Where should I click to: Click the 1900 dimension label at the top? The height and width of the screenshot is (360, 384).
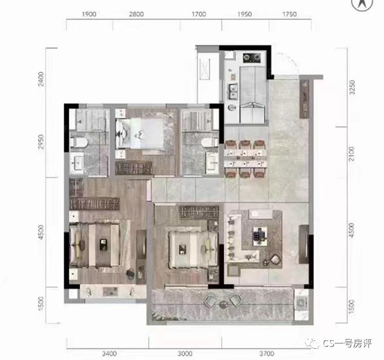click(x=89, y=14)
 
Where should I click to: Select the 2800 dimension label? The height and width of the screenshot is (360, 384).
click(x=136, y=14)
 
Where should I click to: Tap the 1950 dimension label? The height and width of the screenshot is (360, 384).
click(x=244, y=14)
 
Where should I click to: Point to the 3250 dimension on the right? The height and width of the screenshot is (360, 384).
click(x=352, y=88)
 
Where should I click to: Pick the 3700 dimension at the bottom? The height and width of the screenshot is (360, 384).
click(x=267, y=353)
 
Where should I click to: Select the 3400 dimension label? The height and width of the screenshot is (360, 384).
click(x=109, y=353)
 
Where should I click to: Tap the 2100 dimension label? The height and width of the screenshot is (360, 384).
click(x=351, y=154)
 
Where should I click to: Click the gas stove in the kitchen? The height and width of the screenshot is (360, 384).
click(x=251, y=58)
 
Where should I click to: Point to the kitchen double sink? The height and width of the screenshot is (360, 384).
click(x=233, y=91)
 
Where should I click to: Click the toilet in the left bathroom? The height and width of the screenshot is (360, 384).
click(x=79, y=142)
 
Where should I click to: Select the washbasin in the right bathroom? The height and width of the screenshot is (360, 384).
click(x=212, y=160)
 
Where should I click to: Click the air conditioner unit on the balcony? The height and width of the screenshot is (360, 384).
click(x=301, y=304)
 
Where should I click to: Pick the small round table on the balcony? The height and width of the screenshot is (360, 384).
click(x=223, y=304)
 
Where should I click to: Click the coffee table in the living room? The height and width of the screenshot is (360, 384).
click(x=259, y=236)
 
